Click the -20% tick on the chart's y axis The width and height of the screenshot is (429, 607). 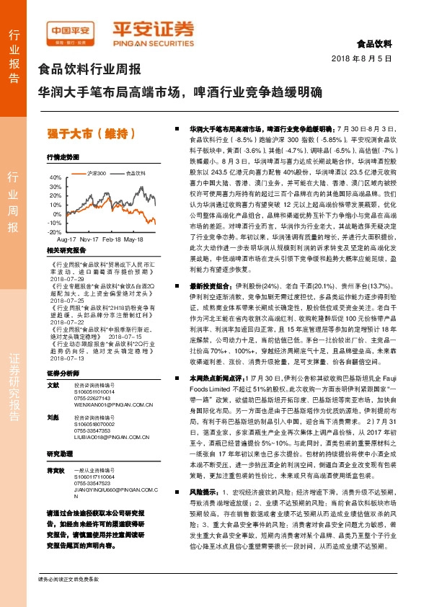pos(56,232)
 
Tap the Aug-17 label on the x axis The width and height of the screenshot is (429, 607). pos(66,238)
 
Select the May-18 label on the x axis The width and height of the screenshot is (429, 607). pos(134,238)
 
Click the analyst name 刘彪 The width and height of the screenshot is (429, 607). pos(53,417)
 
